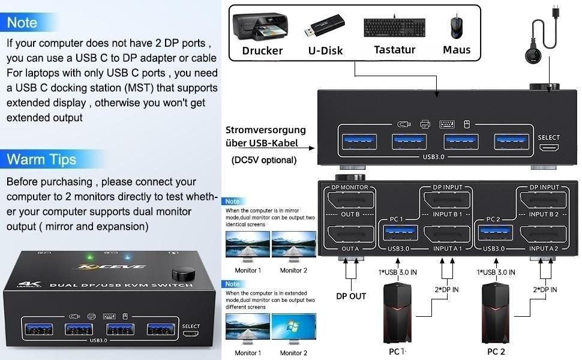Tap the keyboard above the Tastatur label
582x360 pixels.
[x=394, y=28]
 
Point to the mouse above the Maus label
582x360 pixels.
[x=456, y=28]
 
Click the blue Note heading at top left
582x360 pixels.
[x=22, y=23]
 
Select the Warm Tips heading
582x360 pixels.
[x=41, y=160]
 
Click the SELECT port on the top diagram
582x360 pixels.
[x=548, y=147]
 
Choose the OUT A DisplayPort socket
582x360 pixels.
[x=350, y=234]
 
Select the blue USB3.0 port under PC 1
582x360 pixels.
[x=398, y=234]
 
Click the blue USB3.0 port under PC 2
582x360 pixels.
[x=494, y=234]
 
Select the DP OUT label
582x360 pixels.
[x=351, y=295]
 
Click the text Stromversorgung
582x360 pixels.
[x=266, y=130]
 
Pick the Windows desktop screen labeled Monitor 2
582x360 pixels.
[x=293, y=329]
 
